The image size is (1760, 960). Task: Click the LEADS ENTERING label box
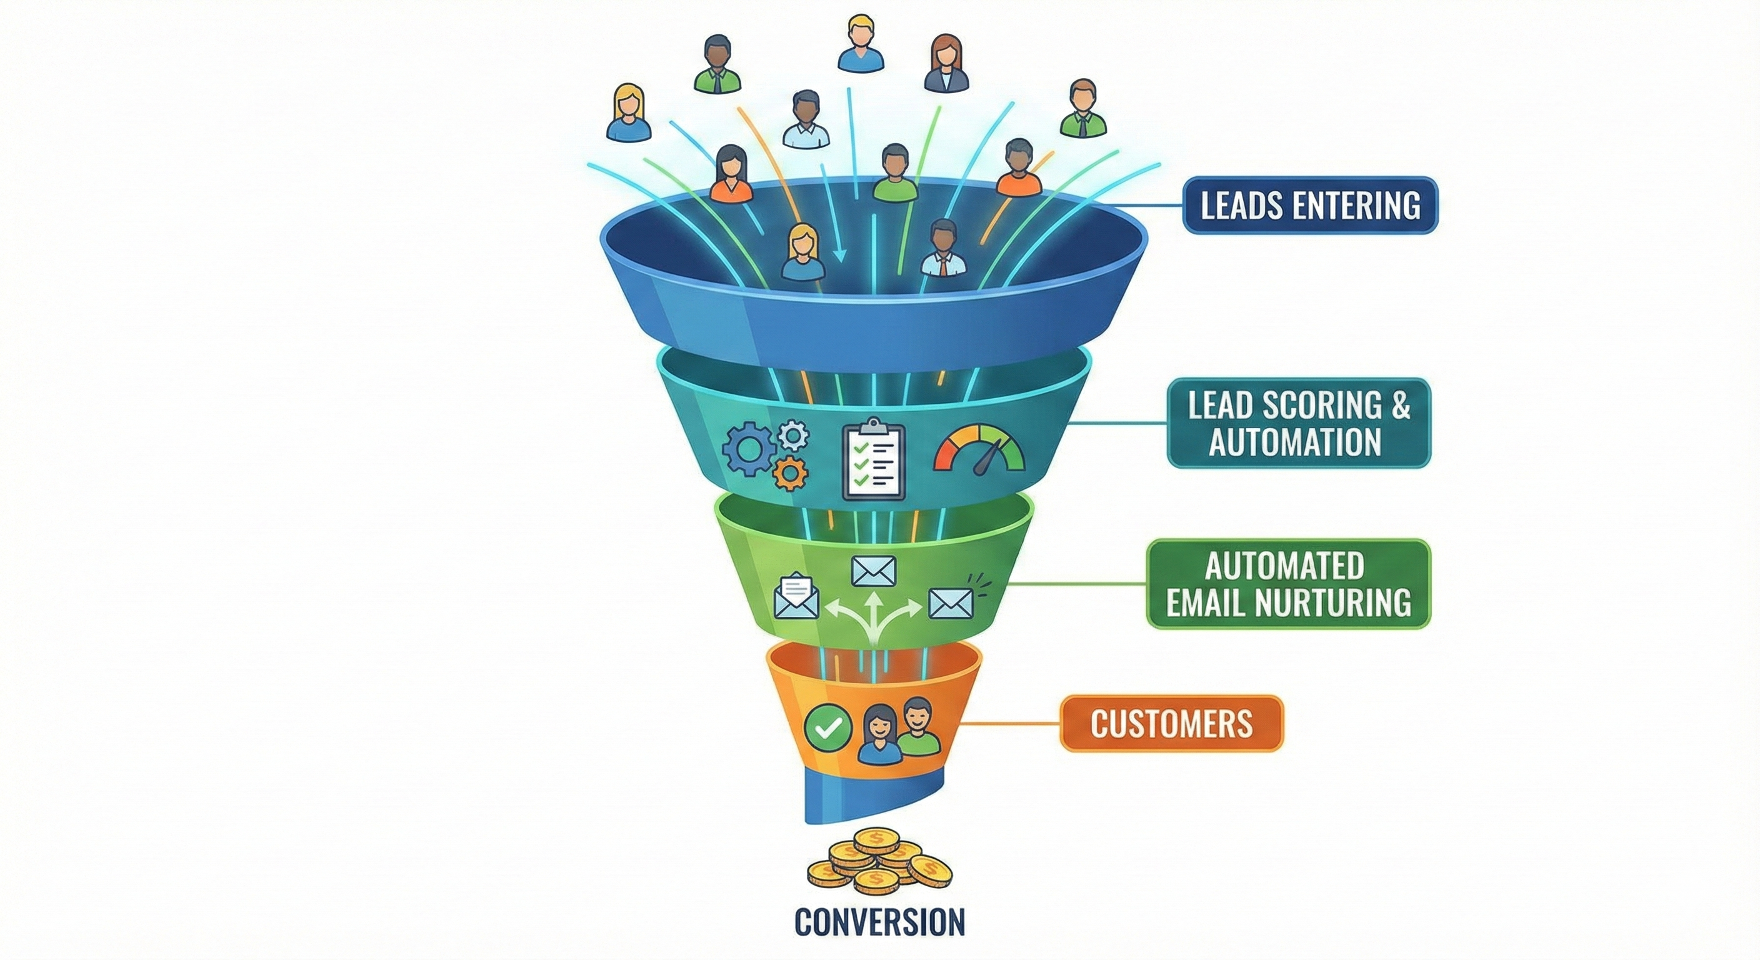(x=1310, y=206)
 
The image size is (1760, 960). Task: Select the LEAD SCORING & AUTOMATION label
(x=1298, y=424)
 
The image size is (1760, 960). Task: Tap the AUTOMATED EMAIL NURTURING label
(x=1288, y=584)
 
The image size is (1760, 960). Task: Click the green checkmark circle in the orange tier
(x=829, y=728)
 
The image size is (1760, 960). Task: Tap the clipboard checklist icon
(x=874, y=460)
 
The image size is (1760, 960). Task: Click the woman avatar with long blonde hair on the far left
(x=629, y=113)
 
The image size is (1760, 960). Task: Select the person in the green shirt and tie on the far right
(x=1083, y=109)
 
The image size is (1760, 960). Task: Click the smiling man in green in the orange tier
(x=917, y=727)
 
